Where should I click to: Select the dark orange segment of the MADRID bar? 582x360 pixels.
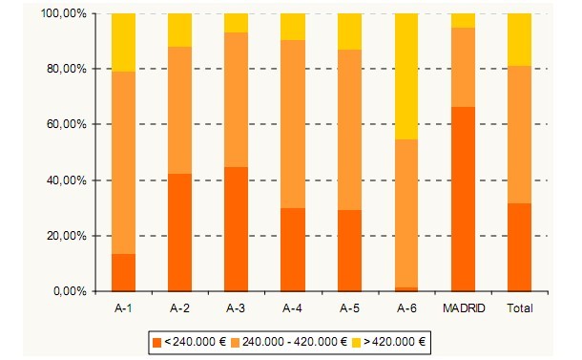[x=463, y=199]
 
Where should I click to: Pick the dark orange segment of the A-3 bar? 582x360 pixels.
[x=236, y=229]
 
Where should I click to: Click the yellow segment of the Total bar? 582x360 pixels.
[x=519, y=39]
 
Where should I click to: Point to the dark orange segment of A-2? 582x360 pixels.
[x=179, y=232]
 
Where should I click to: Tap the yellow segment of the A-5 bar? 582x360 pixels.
[x=349, y=32]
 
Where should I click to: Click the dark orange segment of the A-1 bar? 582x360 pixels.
[x=123, y=272]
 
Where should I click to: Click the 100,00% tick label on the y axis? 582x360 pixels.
[x=65, y=13]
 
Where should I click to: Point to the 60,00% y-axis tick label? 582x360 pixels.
[x=68, y=124]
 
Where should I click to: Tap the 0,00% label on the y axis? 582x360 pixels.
[x=71, y=290]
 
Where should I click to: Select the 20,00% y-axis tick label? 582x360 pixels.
[x=68, y=235]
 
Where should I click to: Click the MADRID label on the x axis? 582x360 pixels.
[x=463, y=308]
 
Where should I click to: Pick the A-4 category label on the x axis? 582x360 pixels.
[x=293, y=308]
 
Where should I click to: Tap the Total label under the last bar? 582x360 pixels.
[x=519, y=308]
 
